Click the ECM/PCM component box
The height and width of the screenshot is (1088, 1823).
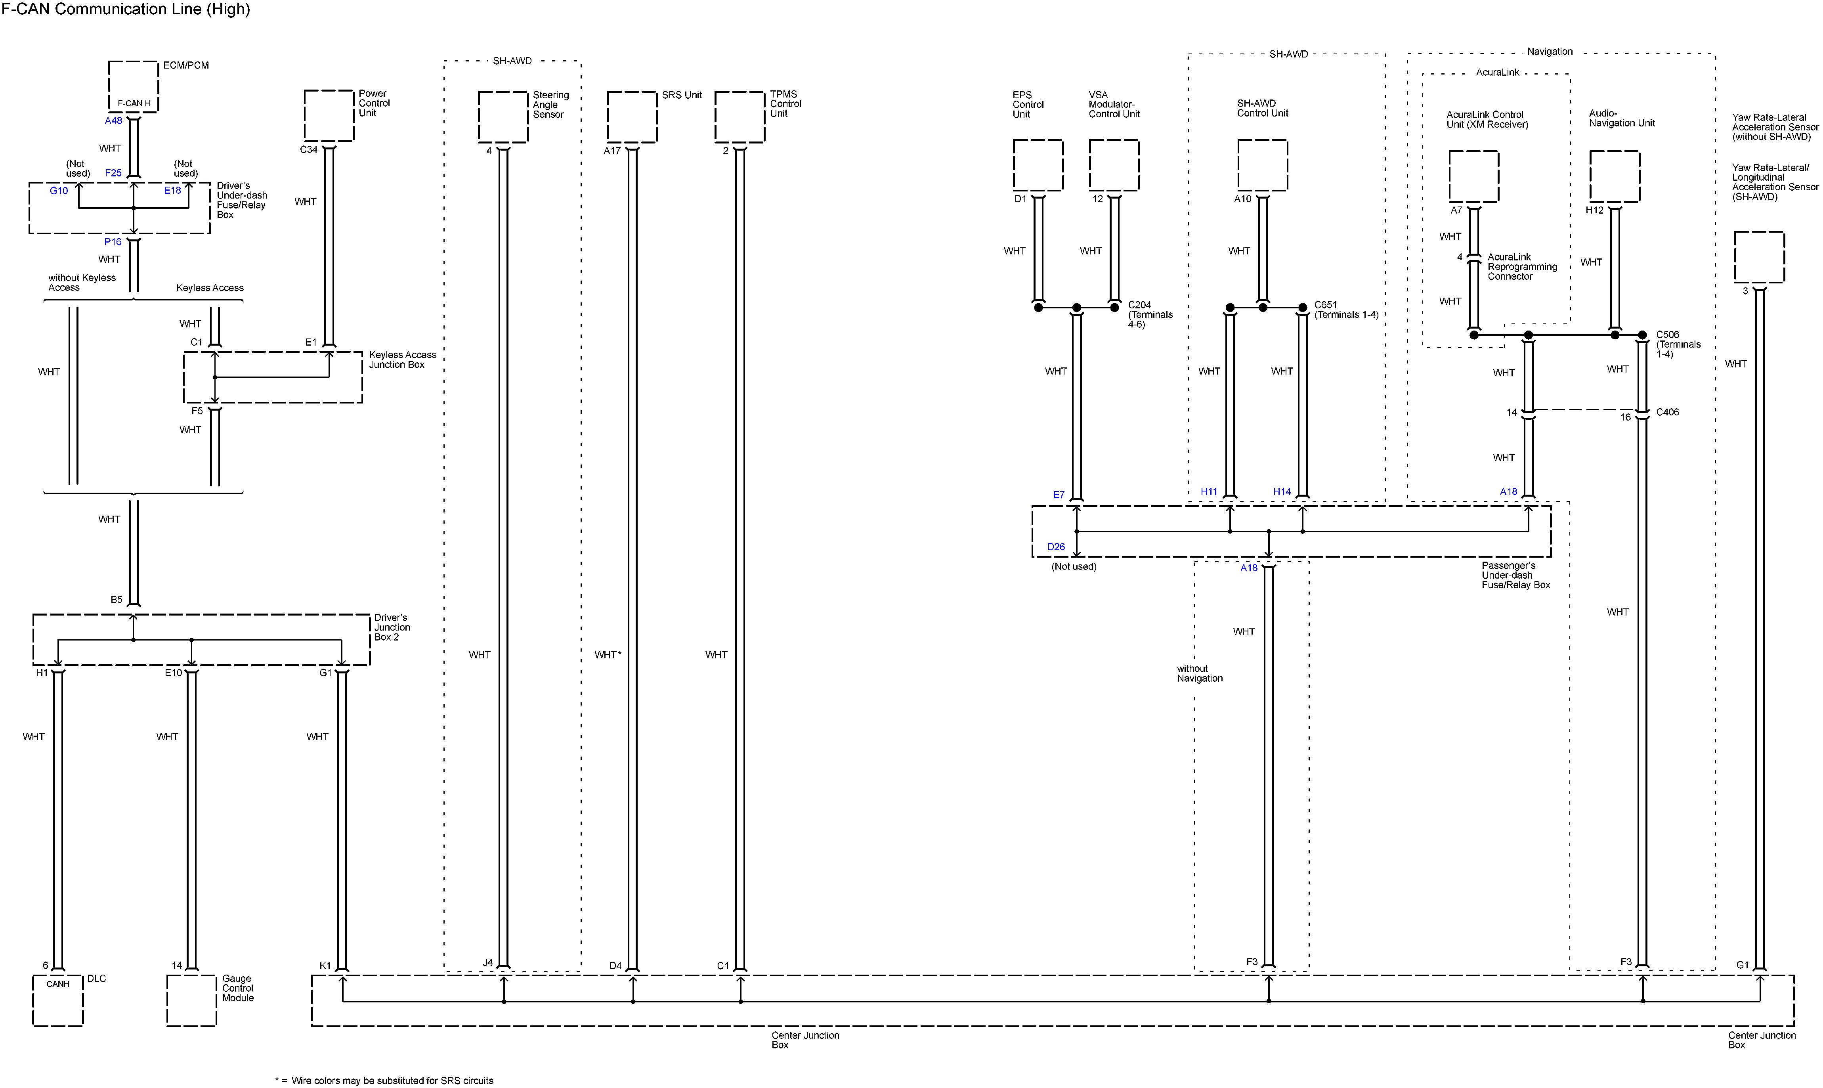click(134, 86)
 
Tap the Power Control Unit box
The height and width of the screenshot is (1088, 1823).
click(329, 116)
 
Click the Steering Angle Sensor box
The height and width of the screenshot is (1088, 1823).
click(503, 117)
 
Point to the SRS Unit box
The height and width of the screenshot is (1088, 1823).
click(632, 117)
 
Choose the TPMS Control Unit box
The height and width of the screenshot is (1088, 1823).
click(740, 117)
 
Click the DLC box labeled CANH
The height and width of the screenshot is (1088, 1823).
click(58, 1000)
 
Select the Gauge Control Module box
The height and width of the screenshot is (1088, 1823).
click(191, 1000)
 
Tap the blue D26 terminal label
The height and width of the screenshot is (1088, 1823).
click(1055, 547)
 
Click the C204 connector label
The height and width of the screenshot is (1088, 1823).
click(1139, 305)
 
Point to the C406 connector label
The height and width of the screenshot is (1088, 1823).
click(1668, 412)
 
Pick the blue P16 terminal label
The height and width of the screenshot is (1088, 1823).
click(113, 242)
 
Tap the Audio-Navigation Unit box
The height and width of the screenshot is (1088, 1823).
click(1614, 176)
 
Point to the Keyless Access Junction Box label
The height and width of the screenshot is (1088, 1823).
click(402, 359)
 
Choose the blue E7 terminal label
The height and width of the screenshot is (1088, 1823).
click(1059, 495)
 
